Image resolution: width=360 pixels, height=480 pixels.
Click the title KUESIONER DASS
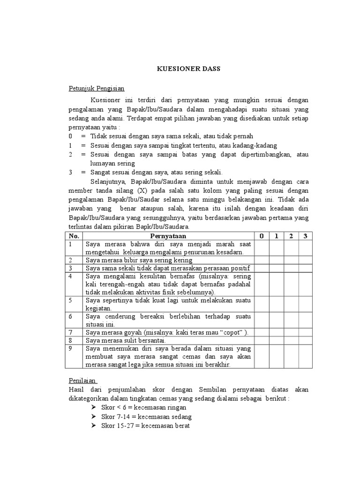coord(188,69)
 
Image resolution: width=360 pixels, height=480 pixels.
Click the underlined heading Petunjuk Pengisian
coord(97,88)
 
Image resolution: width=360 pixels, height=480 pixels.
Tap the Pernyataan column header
coord(168,235)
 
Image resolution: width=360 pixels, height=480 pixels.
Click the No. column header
coord(75,235)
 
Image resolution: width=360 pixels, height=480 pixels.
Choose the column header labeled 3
coord(305,235)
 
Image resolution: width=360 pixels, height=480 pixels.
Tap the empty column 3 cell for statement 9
coord(305,356)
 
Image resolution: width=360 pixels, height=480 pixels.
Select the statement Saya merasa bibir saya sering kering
coord(138,260)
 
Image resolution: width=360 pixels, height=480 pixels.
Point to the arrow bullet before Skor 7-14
coord(90,416)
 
